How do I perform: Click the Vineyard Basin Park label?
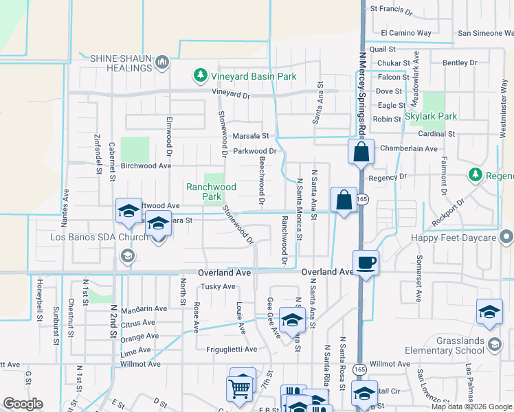[254, 76]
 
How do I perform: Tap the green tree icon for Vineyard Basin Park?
[200, 76]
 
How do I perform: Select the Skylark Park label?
[431, 116]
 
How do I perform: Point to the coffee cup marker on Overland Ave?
[366, 262]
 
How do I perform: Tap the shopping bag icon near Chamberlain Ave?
[361, 152]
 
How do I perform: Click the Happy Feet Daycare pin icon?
[506, 238]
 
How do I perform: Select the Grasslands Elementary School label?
[460, 345]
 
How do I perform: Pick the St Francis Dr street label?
[391, 10]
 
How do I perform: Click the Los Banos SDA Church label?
[99, 238]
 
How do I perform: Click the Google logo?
[23, 404]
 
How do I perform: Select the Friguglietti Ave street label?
[232, 349]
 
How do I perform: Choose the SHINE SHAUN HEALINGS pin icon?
[163, 62]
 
